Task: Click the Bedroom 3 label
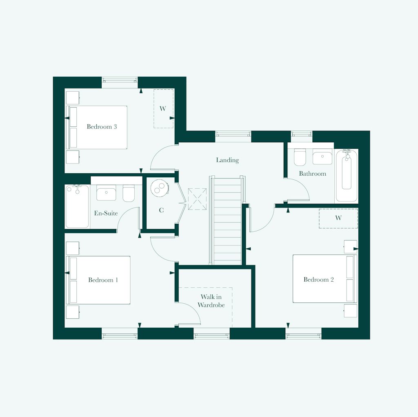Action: (102, 127)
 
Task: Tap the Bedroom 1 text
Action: (103, 280)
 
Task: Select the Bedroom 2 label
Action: (318, 280)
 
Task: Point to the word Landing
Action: (227, 160)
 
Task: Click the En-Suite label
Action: (106, 213)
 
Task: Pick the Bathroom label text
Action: (312, 174)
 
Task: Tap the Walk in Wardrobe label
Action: (211, 301)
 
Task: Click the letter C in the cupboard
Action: (161, 210)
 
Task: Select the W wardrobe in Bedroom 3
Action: (163, 108)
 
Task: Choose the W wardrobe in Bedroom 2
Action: (338, 218)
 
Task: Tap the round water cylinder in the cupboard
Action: (159, 188)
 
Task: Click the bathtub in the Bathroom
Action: (347, 175)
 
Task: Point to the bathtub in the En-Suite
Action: (77, 206)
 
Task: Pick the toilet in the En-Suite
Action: (129, 194)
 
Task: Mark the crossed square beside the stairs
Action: (197, 199)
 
